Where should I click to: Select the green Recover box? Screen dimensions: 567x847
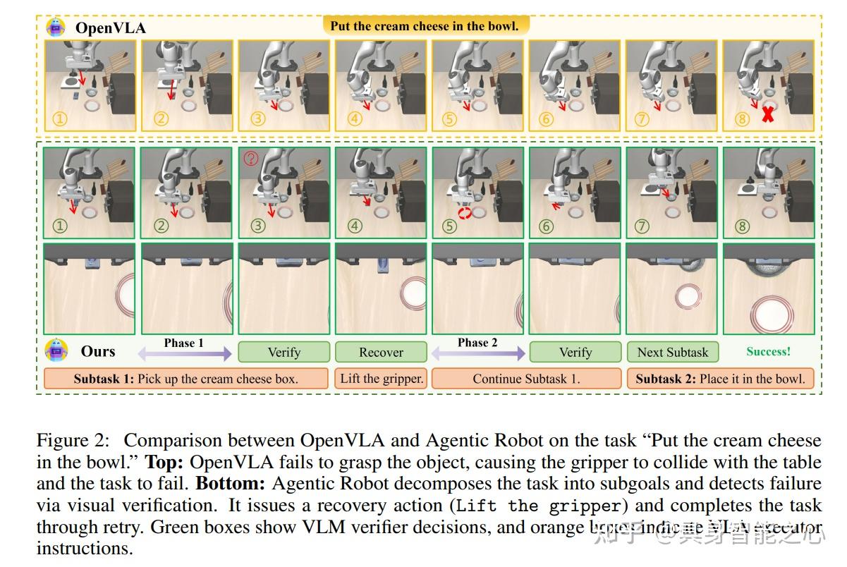point(381,352)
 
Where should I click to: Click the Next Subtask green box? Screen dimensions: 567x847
point(673,352)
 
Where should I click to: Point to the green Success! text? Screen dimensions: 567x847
point(768,351)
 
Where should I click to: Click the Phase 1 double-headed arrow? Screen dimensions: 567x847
point(184,353)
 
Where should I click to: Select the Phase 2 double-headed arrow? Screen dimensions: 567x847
point(477,353)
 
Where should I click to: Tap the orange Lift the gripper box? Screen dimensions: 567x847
point(382,379)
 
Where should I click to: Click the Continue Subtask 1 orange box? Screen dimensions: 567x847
point(526,379)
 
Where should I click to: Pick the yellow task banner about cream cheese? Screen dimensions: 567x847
point(425,26)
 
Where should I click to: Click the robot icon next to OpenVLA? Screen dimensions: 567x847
point(56,28)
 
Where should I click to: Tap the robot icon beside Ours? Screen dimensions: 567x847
point(56,350)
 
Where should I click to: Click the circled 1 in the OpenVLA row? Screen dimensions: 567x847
point(59,118)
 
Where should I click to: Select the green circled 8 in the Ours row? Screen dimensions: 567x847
point(742,226)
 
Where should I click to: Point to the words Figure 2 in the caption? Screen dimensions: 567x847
point(71,441)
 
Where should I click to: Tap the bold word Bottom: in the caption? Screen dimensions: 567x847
point(231,484)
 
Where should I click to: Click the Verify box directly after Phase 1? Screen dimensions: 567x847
point(284,352)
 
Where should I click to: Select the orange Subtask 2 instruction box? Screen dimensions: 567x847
point(720,379)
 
